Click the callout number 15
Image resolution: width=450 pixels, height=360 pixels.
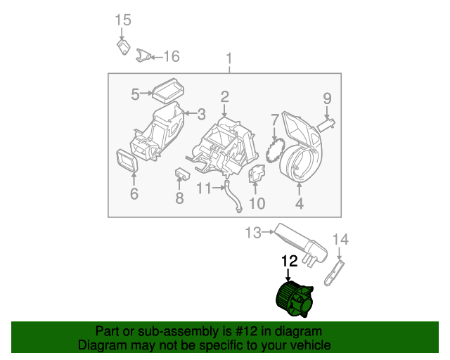[x=123, y=20]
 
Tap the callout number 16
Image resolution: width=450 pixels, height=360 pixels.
[x=172, y=56]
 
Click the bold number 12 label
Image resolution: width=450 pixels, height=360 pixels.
[x=290, y=261]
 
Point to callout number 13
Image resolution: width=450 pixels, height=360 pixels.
[x=252, y=231]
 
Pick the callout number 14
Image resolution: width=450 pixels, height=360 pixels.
[x=340, y=240]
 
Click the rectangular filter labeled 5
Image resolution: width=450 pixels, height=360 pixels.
[x=169, y=89]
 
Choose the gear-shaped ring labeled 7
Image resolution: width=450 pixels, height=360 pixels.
[x=276, y=150]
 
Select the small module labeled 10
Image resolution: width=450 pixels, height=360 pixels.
[x=257, y=173]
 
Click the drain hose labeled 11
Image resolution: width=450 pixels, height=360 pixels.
[x=234, y=197]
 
